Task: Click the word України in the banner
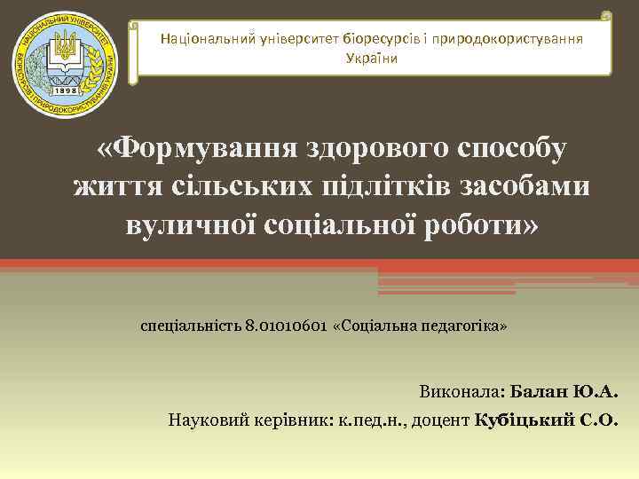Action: (371, 58)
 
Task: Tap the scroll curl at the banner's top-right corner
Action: (605, 16)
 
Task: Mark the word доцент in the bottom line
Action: (441, 420)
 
